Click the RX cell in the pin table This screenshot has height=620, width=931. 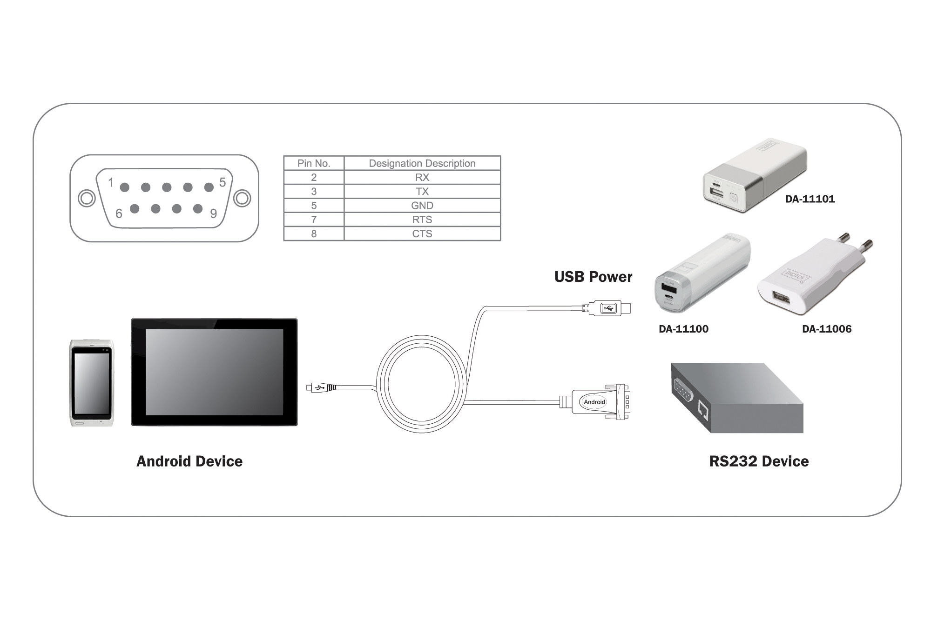point(422,177)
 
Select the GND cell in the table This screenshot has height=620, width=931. point(422,206)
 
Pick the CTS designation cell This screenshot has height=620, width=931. point(422,233)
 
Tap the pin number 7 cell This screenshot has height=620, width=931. point(314,220)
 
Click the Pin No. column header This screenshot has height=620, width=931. point(314,163)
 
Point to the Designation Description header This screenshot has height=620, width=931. point(422,163)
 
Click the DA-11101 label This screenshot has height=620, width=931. point(810,199)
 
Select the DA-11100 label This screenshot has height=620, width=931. point(683,329)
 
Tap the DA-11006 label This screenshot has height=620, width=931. point(827,329)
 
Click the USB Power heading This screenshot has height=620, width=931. point(593,277)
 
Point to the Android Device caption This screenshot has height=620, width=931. point(189,461)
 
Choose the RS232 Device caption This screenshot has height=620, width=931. point(759,461)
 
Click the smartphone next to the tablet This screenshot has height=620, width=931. point(92,383)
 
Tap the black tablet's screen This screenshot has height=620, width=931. point(214,372)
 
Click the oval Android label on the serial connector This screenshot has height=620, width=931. point(594,402)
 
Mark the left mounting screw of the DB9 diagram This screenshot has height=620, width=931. point(87,199)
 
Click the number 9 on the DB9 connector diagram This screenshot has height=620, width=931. point(214,213)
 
